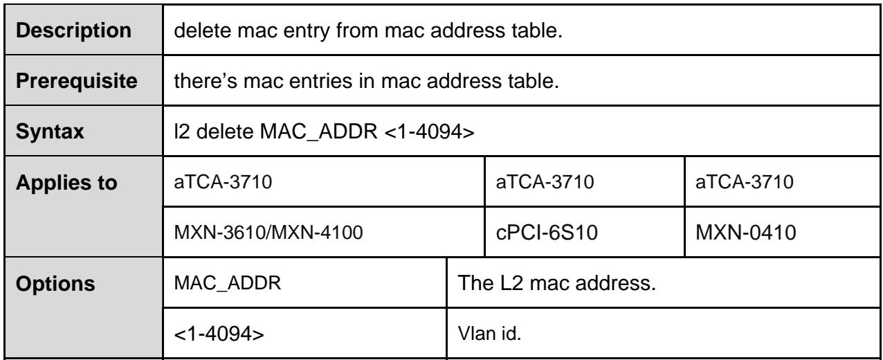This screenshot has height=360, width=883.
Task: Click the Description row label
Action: click(x=74, y=30)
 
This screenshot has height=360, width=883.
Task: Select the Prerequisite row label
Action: click(x=77, y=81)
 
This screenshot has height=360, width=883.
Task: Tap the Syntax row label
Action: click(x=50, y=132)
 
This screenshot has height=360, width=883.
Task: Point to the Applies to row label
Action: click(x=66, y=183)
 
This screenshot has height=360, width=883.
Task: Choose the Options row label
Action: click(x=55, y=284)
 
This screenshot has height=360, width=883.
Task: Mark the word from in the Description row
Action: click(x=357, y=30)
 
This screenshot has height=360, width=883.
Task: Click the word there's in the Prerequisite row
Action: click(x=206, y=81)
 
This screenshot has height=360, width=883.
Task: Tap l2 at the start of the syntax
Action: click(x=182, y=132)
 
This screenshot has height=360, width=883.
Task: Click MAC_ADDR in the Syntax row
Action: click(x=318, y=132)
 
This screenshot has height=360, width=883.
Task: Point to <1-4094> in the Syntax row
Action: click(x=429, y=132)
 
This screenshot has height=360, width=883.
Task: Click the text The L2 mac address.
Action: click(x=557, y=283)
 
